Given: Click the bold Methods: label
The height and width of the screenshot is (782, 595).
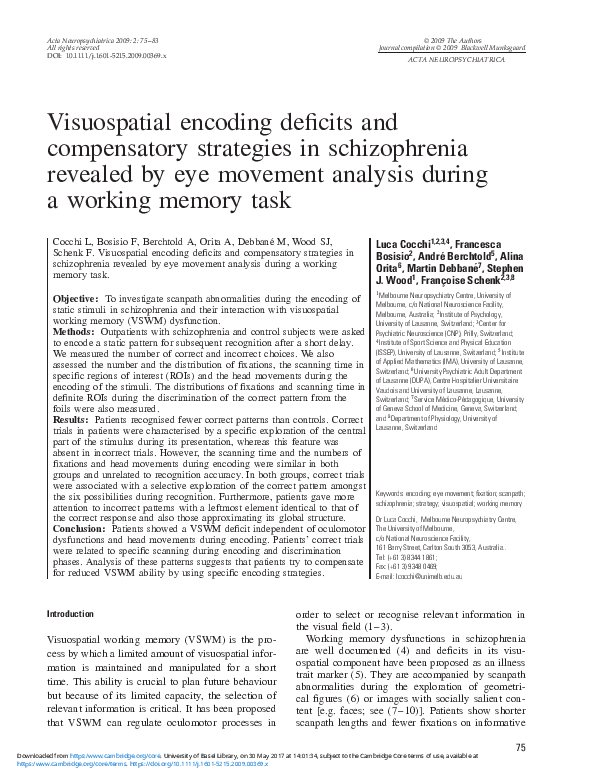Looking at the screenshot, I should click(73, 331).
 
